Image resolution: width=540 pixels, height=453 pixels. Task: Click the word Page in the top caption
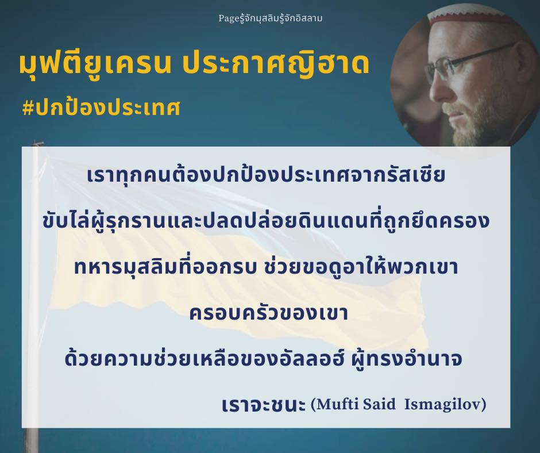tap(226, 18)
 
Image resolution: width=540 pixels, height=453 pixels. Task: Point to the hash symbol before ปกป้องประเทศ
tap(28, 108)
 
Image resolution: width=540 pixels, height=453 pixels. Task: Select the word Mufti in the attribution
tap(336, 404)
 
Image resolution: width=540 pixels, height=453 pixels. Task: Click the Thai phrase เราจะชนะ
tap(264, 405)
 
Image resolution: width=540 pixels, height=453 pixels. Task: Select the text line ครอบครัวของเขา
tap(269, 313)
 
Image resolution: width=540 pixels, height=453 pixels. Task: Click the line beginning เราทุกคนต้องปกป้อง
tap(266, 174)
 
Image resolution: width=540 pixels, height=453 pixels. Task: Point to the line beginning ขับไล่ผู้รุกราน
tap(266, 221)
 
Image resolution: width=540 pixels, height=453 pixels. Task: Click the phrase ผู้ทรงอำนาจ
tap(406, 359)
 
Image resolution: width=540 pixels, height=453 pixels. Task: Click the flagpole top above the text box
tap(36, 143)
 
